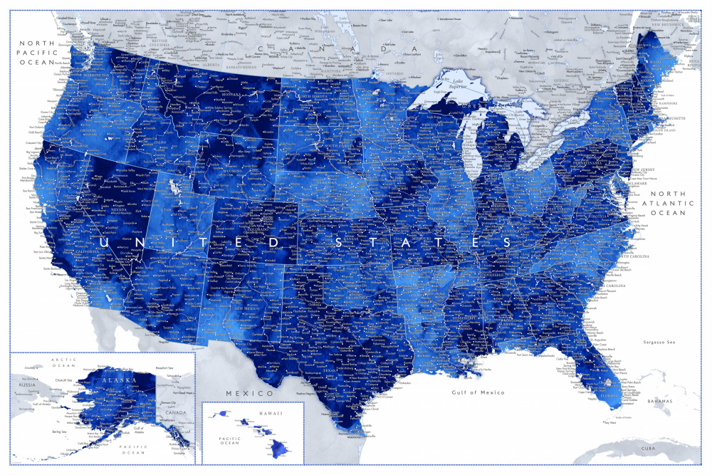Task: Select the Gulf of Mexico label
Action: coord(478,392)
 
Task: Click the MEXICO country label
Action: coord(250,393)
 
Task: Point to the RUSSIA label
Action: coord(27,384)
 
